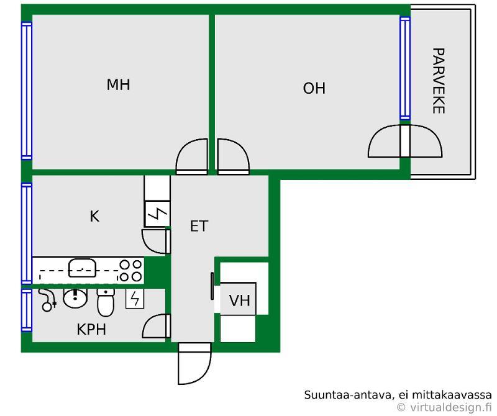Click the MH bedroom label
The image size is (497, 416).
118,84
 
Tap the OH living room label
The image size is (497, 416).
314,88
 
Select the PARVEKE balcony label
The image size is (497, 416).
439,81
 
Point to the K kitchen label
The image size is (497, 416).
94,217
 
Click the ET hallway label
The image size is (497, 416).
199,226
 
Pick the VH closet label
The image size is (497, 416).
240,301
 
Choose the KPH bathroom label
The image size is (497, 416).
91,330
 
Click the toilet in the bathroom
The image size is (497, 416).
106,302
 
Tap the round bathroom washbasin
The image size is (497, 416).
75,298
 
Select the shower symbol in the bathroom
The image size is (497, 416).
48,300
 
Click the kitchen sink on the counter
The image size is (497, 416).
82,268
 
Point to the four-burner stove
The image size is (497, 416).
130,271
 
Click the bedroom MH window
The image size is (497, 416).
27,91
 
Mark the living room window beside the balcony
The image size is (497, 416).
405,68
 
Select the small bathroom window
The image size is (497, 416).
27,310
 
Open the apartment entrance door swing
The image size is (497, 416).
194,363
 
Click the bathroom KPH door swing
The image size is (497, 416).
157,326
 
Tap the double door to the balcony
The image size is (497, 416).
405,141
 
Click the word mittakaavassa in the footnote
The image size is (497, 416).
452,395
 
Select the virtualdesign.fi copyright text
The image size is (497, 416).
444,407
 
